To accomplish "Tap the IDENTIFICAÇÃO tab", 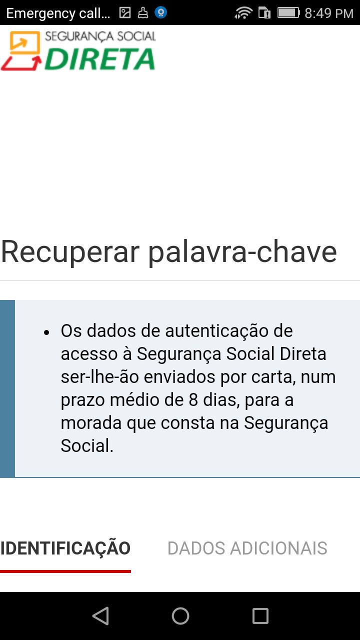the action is (x=65, y=548).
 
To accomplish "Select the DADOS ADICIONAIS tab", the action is (x=247, y=548).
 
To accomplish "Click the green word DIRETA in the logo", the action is (x=100, y=59).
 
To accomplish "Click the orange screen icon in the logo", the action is (x=25, y=42).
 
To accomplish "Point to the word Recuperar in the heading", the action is (x=70, y=252).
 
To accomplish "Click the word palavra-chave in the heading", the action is (x=243, y=252).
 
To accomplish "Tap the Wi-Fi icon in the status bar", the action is (x=243, y=13).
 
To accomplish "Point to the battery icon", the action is (x=288, y=13).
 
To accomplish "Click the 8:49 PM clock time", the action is (x=329, y=13).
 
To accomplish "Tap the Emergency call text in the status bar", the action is (x=58, y=13).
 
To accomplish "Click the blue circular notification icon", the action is (x=161, y=12).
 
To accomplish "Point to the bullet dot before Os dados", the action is (x=47, y=332).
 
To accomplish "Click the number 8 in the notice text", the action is (x=193, y=399).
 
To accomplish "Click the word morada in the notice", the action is (x=91, y=423).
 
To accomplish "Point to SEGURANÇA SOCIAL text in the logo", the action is (x=100, y=36).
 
